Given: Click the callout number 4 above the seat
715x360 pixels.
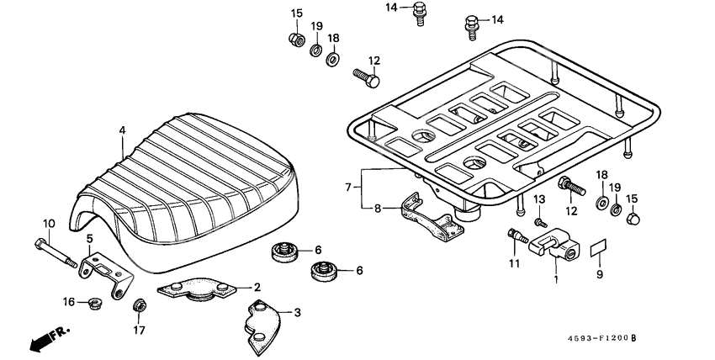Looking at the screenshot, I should (122, 130).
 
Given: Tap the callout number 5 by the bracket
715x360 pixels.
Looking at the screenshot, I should (90, 239).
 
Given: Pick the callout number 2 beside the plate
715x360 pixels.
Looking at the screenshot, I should (257, 287).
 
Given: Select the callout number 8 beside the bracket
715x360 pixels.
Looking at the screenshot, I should (377, 207).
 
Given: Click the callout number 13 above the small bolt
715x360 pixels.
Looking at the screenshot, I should (540, 199).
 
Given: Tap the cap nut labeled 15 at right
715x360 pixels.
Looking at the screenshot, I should (633, 220).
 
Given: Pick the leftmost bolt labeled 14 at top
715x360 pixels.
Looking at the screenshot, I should (419, 13).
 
